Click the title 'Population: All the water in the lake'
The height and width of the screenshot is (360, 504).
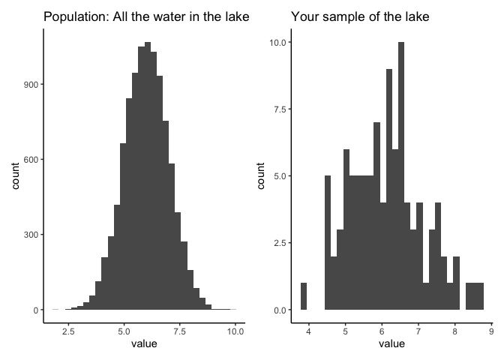click(146, 16)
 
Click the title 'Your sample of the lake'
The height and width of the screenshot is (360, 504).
click(360, 16)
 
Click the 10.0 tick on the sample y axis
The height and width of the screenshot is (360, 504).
click(277, 43)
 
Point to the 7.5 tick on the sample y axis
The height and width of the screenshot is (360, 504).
click(279, 109)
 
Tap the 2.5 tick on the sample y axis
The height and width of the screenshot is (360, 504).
click(279, 243)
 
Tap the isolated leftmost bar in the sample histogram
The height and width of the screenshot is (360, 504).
click(304, 296)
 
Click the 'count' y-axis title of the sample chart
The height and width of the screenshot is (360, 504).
click(262, 175)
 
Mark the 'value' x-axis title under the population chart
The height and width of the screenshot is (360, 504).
click(144, 344)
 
